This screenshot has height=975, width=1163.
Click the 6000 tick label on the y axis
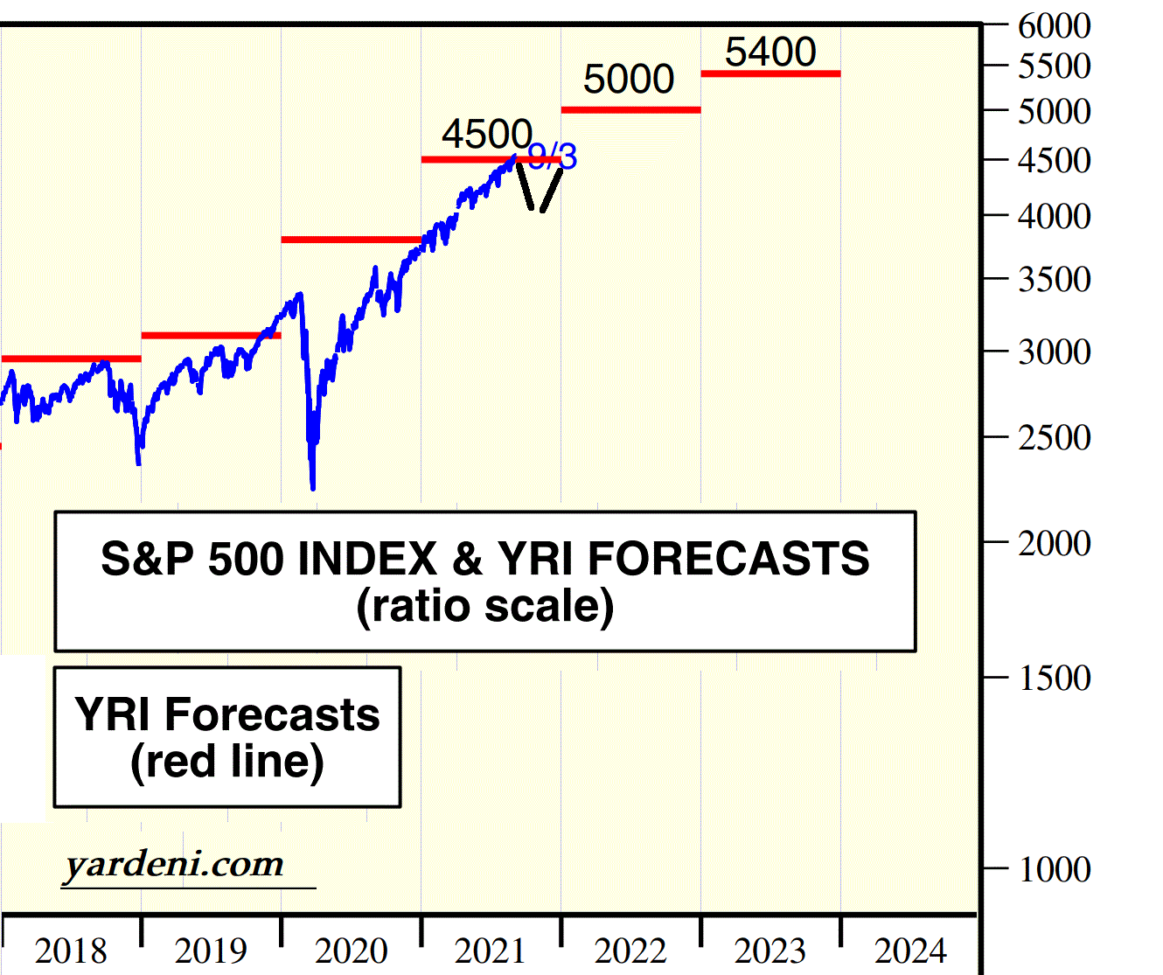(x=1054, y=26)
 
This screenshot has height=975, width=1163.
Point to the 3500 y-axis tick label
(x=1054, y=280)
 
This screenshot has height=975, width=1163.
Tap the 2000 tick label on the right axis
(x=1054, y=543)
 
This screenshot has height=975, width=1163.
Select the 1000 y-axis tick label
(x=1054, y=869)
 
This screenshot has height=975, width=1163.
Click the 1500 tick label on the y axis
(x=1054, y=678)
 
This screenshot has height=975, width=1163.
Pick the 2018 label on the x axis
(x=71, y=951)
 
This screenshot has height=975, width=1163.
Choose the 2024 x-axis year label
(x=910, y=951)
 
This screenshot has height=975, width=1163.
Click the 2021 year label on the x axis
(x=491, y=951)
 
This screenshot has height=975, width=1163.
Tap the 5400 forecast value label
(x=770, y=52)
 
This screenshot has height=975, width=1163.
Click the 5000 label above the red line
(x=629, y=80)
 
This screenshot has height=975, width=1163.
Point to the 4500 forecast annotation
(x=486, y=135)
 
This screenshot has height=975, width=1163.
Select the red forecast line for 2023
(x=770, y=73)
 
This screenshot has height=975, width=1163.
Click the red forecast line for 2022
(x=630, y=110)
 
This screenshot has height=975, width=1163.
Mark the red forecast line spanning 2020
(x=350, y=240)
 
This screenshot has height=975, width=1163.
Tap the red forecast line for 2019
(x=210, y=336)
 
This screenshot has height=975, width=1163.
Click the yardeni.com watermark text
(x=174, y=865)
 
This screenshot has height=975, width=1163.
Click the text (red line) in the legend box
(x=227, y=761)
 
